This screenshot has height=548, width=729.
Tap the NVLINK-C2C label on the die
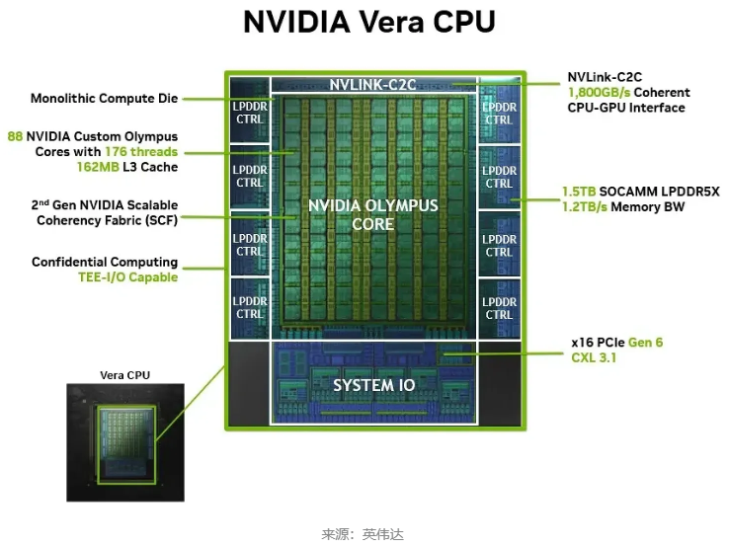tap(373, 85)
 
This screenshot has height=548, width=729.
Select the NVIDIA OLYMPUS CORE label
tap(372, 214)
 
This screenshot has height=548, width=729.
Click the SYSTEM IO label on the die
tap(373, 383)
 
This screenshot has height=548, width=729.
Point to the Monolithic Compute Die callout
tap(104, 99)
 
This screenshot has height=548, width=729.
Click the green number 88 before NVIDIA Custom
tap(15, 136)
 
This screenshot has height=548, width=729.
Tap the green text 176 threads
tap(141, 152)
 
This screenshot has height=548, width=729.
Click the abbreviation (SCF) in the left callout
tap(159, 220)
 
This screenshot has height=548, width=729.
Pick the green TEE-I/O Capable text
tap(128, 277)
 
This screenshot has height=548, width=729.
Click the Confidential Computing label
tap(105, 262)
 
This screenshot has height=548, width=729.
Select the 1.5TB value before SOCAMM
tap(580, 191)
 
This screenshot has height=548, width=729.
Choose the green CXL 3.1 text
tap(594, 357)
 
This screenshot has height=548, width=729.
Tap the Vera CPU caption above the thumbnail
tap(125, 375)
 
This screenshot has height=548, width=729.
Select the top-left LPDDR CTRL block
tap(250, 113)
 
